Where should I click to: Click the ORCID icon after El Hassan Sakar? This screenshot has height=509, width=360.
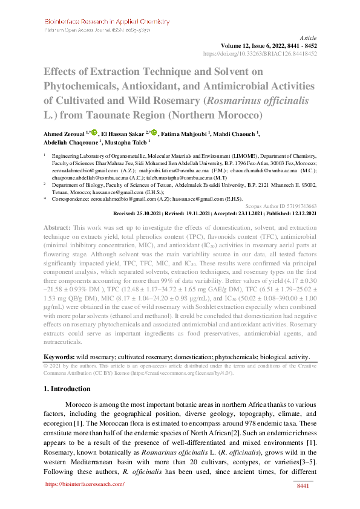pos(154,132)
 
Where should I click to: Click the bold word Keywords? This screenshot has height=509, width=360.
pos(59,357)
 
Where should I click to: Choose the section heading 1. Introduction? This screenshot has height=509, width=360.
pos(70,389)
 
